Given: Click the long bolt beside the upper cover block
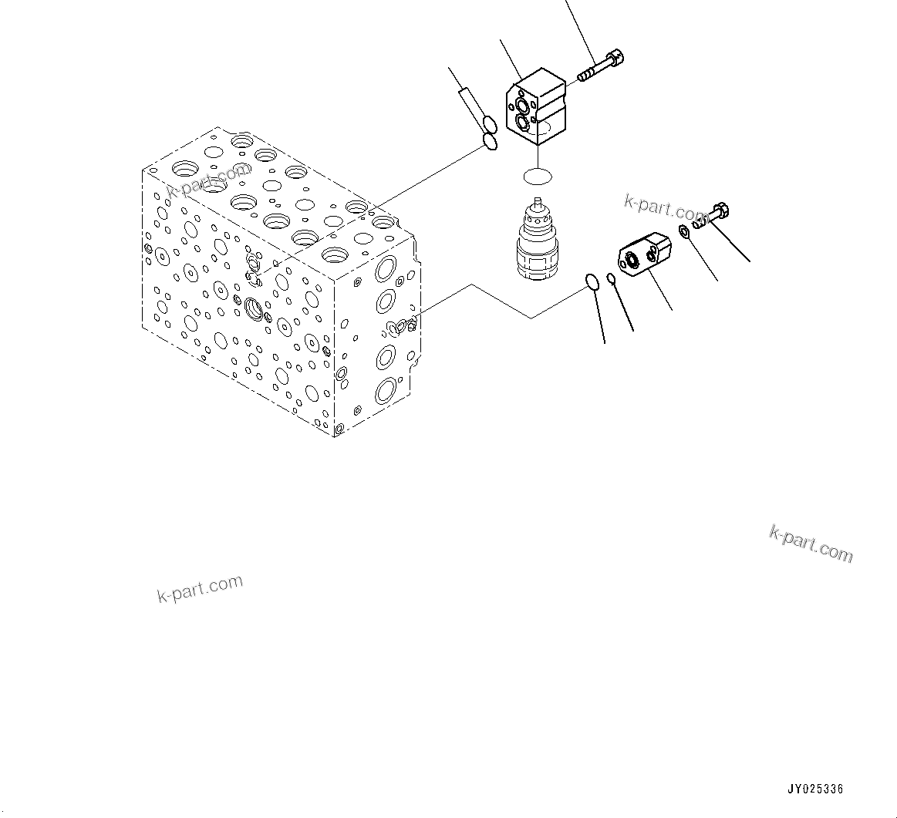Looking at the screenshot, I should (599, 68).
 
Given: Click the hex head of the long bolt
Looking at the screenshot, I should (615, 58).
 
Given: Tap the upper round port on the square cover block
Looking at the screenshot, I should (524, 106).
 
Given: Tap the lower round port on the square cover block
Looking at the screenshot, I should (523, 122).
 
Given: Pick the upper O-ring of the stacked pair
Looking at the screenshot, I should (489, 124).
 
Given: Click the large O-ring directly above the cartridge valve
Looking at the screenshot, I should (537, 177).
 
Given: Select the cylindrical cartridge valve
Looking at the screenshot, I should (538, 243).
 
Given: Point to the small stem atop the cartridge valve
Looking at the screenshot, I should (538, 206).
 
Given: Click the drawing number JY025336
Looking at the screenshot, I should (815, 789).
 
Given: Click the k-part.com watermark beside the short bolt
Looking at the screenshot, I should (663, 207).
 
